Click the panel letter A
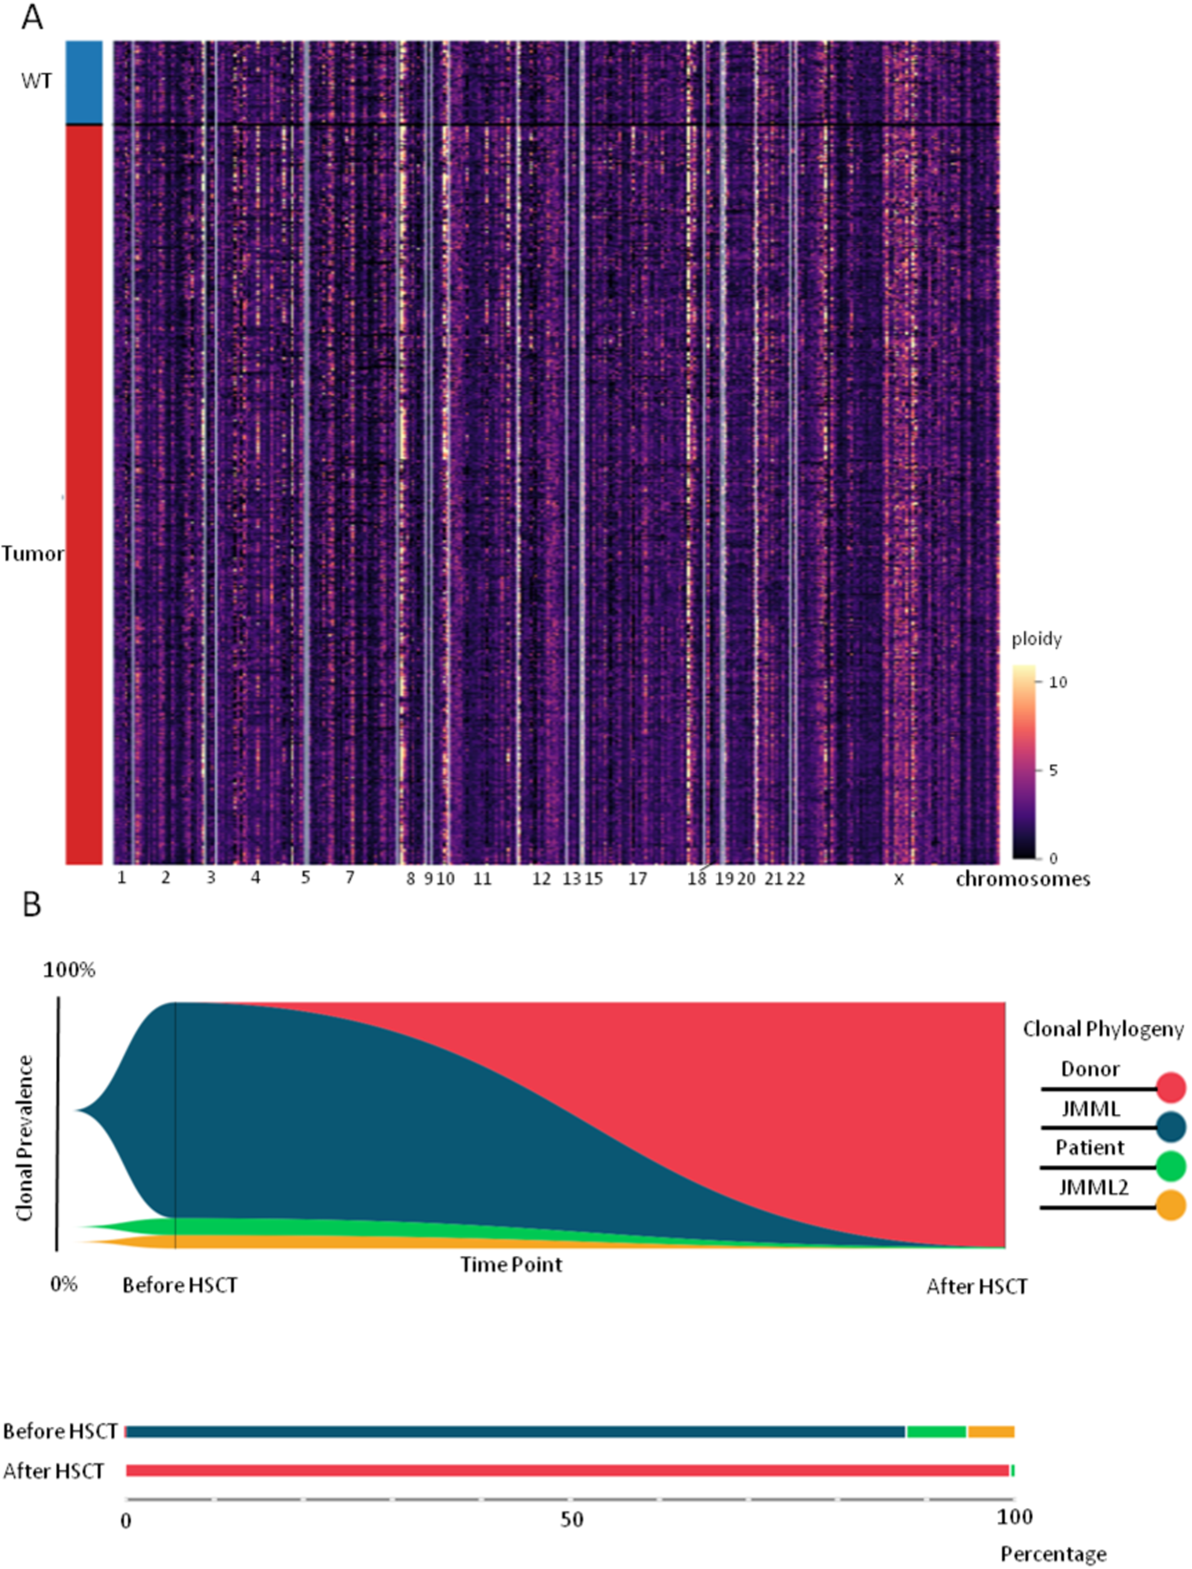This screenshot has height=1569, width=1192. click(x=32, y=17)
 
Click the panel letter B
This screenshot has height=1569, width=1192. click(x=32, y=905)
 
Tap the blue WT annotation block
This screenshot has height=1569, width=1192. click(x=84, y=82)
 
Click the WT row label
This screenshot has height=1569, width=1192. click(x=36, y=82)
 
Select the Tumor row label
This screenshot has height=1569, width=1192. click(x=32, y=554)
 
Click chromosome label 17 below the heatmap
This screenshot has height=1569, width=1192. click(x=638, y=879)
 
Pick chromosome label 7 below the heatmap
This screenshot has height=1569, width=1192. click(x=350, y=877)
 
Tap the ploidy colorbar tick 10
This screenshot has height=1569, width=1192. click(x=1058, y=682)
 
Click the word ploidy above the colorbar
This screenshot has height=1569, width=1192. click(x=1036, y=639)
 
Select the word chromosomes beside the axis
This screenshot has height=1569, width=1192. click(x=1023, y=880)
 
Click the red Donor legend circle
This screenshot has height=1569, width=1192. click(x=1171, y=1088)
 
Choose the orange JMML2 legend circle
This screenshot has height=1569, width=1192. click(x=1171, y=1206)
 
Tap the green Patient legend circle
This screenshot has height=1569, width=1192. click(x=1171, y=1167)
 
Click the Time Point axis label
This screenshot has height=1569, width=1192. click(x=511, y=1265)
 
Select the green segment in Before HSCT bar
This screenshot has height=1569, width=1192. click(x=937, y=1432)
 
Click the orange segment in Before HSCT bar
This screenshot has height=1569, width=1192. click(x=991, y=1432)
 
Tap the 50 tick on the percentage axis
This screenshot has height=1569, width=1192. click(x=571, y=1521)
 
